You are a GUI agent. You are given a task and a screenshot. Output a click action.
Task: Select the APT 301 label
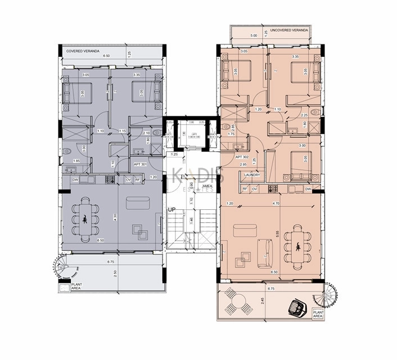[140, 164]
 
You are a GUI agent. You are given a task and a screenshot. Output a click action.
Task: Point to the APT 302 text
[242, 157]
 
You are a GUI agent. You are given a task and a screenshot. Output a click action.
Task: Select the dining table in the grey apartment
[85, 218]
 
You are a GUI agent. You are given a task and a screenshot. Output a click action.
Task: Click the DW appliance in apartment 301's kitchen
[75, 180]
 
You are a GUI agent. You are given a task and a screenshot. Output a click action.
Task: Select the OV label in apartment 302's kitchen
[254, 190]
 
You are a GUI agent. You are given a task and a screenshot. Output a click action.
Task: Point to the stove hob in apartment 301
[110, 180]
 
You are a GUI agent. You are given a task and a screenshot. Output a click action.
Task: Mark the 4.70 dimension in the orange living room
[276, 202]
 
